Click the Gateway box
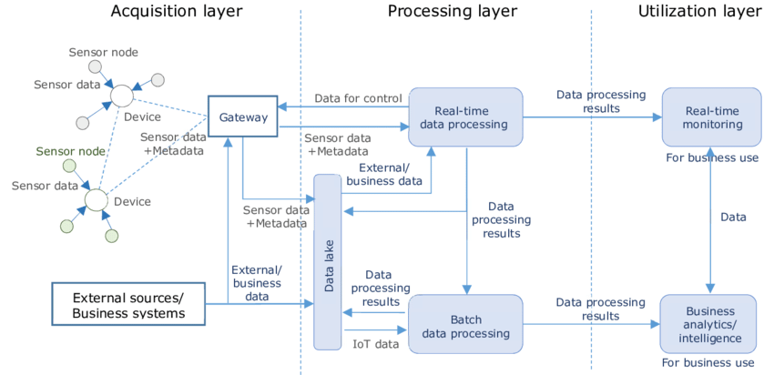point(242,117)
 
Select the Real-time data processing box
point(464,117)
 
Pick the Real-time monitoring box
point(710,117)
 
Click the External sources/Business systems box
point(128,305)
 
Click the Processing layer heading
point(452,12)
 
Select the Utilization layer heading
point(699,12)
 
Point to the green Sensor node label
point(71,150)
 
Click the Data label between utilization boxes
point(733,218)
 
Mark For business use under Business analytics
point(708,362)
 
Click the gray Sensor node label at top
point(104,54)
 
